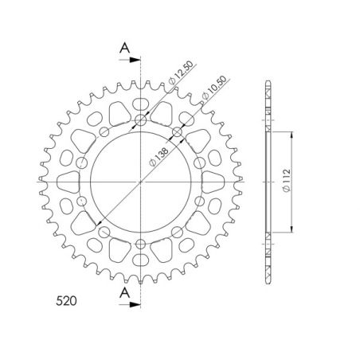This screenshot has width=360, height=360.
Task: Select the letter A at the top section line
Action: pos(124,48)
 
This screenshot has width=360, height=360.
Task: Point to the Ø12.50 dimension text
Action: pos(181,79)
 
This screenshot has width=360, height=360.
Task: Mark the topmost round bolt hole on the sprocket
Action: pos(141,120)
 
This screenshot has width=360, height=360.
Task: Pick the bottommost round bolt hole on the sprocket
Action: pos(141,243)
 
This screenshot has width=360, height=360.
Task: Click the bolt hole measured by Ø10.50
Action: pos(176,132)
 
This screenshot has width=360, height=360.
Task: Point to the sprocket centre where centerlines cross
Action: pos(141,182)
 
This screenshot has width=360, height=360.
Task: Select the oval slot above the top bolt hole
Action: pos(141,104)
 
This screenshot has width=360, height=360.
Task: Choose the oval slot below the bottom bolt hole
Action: pos(141,260)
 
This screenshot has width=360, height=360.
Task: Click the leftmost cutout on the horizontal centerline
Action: pos(64,182)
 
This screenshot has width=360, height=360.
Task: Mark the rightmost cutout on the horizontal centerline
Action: pos(218,182)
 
